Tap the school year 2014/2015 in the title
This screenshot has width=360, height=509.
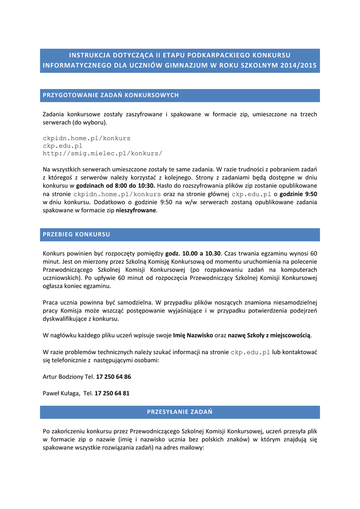[x=298, y=65]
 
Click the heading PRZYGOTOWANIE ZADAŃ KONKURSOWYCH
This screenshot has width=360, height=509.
[x=111, y=95]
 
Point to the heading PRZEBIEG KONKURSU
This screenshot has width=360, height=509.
[x=77, y=234]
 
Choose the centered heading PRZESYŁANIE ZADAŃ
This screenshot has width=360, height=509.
[x=180, y=412]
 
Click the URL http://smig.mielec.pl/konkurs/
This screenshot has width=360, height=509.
[x=102, y=154]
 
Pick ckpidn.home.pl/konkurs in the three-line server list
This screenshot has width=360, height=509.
[x=87, y=138]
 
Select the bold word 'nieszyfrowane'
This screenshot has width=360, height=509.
[x=136, y=210]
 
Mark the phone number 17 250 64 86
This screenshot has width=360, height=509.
[x=113, y=376]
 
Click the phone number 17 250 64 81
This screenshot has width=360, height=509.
[x=112, y=393]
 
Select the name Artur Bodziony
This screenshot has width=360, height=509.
[x=63, y=376]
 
